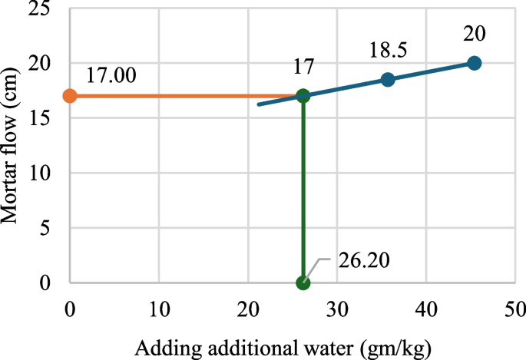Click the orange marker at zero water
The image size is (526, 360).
click(69, 96)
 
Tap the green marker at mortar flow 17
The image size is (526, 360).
click(303, 96)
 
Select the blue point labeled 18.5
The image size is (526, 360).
click(388, 80)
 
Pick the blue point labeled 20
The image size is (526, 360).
click(475, 63)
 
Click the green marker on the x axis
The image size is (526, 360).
click(303, 282)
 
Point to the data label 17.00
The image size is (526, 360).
click(111, 75)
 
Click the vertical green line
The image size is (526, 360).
click(303, 192)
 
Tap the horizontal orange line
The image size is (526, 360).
click(184, 96)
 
